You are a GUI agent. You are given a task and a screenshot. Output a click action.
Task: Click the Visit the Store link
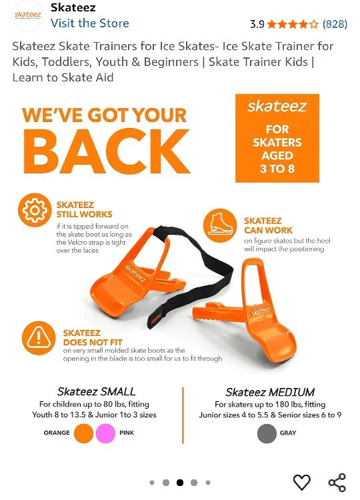click(x=89, y=23)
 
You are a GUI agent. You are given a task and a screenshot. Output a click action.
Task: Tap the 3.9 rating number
click(x=257, y=24)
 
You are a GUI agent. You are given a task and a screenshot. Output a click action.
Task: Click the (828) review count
click(x=335, y=24)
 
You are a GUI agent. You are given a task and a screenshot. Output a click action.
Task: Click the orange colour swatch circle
click(x=84, y=433)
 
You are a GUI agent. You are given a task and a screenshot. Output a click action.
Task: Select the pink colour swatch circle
click(x=105, y=433)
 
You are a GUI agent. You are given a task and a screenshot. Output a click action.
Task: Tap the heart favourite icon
click(x=302, y=482)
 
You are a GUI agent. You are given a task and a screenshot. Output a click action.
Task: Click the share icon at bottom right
click(x=337, y=482)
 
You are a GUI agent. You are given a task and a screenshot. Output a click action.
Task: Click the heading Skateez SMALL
click(x=96, y=392)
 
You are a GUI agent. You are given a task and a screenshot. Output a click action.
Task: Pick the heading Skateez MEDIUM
click(x=270, y=392)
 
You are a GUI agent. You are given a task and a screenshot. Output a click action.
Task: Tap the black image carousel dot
click(x=180, y=483)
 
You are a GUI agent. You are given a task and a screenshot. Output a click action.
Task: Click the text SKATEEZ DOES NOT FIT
click(x=82, y=337)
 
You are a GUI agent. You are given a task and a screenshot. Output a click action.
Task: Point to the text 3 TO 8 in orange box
click(x=277, y=168)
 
